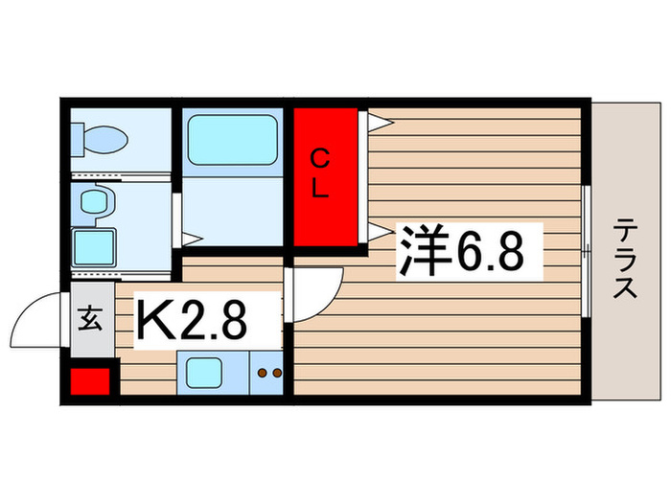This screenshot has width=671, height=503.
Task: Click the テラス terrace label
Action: (x=626, y=259)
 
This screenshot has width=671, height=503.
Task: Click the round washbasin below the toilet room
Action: (x=95, y=202)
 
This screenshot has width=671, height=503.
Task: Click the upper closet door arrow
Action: (x=379, y=122)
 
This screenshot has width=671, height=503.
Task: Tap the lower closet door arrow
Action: (x=379, y=229)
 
